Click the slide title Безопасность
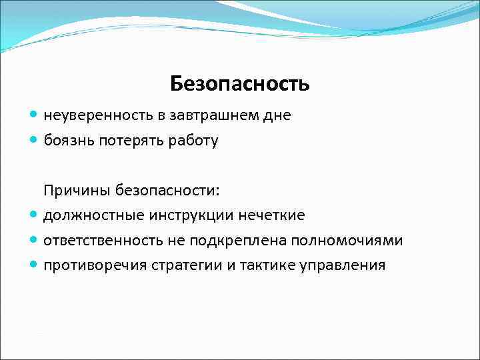[239, 84]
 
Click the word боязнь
[67, 141]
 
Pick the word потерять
[127, 141]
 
